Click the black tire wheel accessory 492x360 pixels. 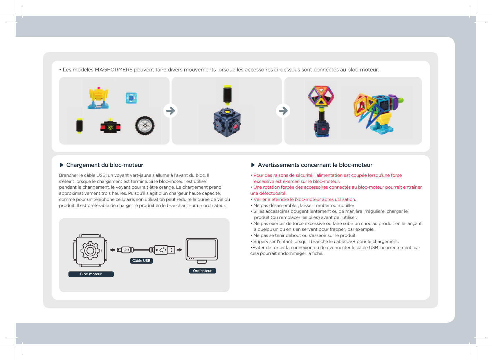(x=145, y=125)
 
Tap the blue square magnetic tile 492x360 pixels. (x=131, y=98)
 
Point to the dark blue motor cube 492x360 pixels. (x=227, y=122)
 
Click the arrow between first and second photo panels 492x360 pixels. (x=170, y=111)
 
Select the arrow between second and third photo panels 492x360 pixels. (x=283, y=111)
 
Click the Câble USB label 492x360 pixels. (x=141, y=261)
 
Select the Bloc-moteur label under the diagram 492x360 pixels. (x=91, y=274)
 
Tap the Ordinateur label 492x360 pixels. (x=202, y=271)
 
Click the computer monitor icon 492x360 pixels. (x=201, y=250)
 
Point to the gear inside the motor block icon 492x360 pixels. (x=90, y=250)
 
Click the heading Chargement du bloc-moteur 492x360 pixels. (x=104, y=165)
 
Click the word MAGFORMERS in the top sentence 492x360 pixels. (x=113, y=70)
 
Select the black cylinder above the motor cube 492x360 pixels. (x=227, y=94)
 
